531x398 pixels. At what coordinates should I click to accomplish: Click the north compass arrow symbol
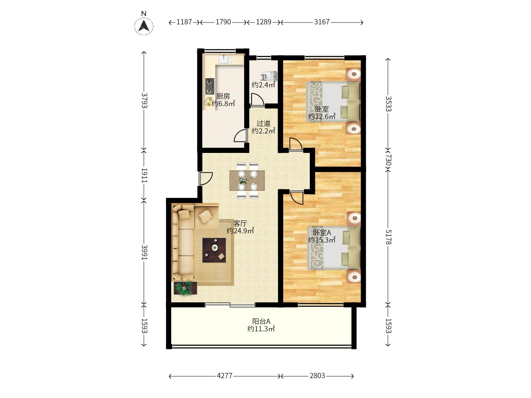click(144, 26)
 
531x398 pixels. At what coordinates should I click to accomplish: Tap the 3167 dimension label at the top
click(322, 22)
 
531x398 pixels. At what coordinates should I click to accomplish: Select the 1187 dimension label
click(184, 22)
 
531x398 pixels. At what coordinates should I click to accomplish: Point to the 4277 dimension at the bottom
click(225, 376)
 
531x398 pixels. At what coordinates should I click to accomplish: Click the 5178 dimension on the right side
click(388, 237)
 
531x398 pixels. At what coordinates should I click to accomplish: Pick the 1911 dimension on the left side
click(144, 175)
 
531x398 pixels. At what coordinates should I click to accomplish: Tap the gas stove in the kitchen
click(210, 86)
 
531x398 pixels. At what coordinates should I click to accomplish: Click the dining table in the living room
click(247, 181)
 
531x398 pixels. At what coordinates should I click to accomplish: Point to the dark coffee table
click(214, 250)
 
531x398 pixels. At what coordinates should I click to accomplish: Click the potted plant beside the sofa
click(185, 288)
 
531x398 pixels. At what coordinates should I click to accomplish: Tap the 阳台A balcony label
click(261, 321)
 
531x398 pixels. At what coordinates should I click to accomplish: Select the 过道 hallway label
click(263, 124)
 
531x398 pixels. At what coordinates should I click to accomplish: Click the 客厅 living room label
click(240, 223)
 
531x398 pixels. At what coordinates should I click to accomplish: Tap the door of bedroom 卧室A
click(296, 198)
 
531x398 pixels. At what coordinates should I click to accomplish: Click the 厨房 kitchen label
click(223, 96)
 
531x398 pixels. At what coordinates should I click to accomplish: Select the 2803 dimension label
click(317, 376)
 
